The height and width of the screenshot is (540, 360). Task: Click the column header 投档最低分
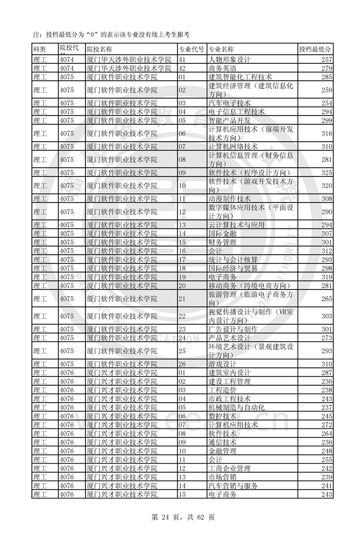pos(315,49)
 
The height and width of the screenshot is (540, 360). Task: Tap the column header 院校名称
pos(99,49)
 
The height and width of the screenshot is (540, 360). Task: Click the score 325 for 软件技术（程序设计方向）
pos(327,173)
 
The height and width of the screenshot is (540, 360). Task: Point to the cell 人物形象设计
pos(230,59)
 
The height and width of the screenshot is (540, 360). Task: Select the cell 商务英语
pos(222,68)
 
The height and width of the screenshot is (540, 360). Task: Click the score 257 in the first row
pos(327,59)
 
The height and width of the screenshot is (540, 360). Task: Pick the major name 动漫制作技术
pos(230,199)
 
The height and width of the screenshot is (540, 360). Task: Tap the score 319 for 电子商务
pos(327,277)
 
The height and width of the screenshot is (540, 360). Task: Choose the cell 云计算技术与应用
pos(236,225)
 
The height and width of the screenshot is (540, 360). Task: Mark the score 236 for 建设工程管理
pos(327,381)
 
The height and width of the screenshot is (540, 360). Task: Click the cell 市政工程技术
pos(230,399)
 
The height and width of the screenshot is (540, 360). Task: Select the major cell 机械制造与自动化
pos(236,408)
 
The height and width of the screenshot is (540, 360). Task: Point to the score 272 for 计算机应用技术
pos(327,425)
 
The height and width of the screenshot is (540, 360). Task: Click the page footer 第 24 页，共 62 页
pos(180,517)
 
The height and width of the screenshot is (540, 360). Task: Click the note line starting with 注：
pos(111,34)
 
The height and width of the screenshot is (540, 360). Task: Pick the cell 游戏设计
pos(222,364)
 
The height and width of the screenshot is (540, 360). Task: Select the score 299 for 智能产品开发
pos(327,120)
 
